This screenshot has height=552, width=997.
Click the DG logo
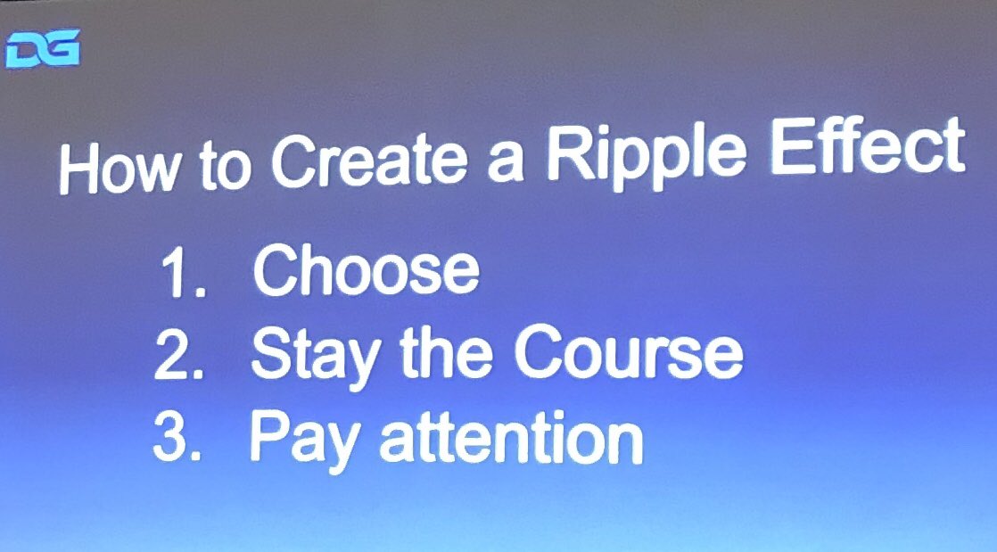pyautogui.click(x=43, y=47)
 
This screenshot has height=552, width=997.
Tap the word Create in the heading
pyautogui.click(x=369, y=159)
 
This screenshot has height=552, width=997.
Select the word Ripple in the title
pyautogui.click(x=646, y=152)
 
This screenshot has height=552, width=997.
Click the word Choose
pyautogui.click(x=367, y=270)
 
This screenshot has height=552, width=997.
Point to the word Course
pyautogui.click(x=629, y=353)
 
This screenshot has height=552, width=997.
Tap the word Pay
pyautogui.click(x=305, y=440)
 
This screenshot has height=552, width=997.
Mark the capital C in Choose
pyautogui.click(x=275, y=269)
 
